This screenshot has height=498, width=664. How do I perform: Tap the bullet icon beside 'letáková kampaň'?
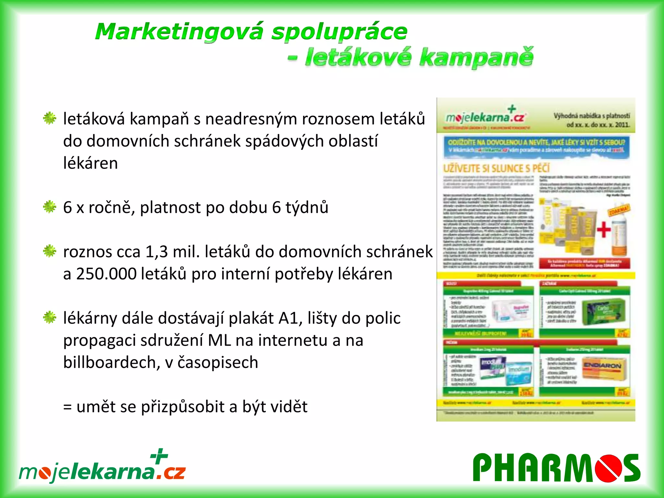pyautogui.click(x=50, y=118)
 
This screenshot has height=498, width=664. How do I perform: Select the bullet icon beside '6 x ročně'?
pyautogui.click(x=50, y=207)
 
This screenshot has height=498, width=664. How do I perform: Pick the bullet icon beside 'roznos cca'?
pyautogui.click(x=50, y=251)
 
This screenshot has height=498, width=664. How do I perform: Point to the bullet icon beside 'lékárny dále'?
pyautogui.click(x=50, y=317)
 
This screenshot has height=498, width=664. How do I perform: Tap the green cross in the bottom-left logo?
pyautogui.click(x=159, y=456)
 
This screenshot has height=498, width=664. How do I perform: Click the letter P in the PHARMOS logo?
pyautogui.click(x=485, y=468)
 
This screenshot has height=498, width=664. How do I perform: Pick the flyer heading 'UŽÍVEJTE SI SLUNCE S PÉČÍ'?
pyautogui.click(x=496, y=168)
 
